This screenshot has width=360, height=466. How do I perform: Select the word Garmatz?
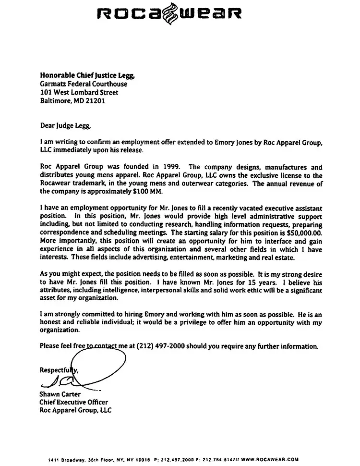coord(53,84)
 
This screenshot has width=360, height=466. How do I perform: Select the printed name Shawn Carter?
coord(61,394)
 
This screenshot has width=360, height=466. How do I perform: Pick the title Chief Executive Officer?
coord(74,403)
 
